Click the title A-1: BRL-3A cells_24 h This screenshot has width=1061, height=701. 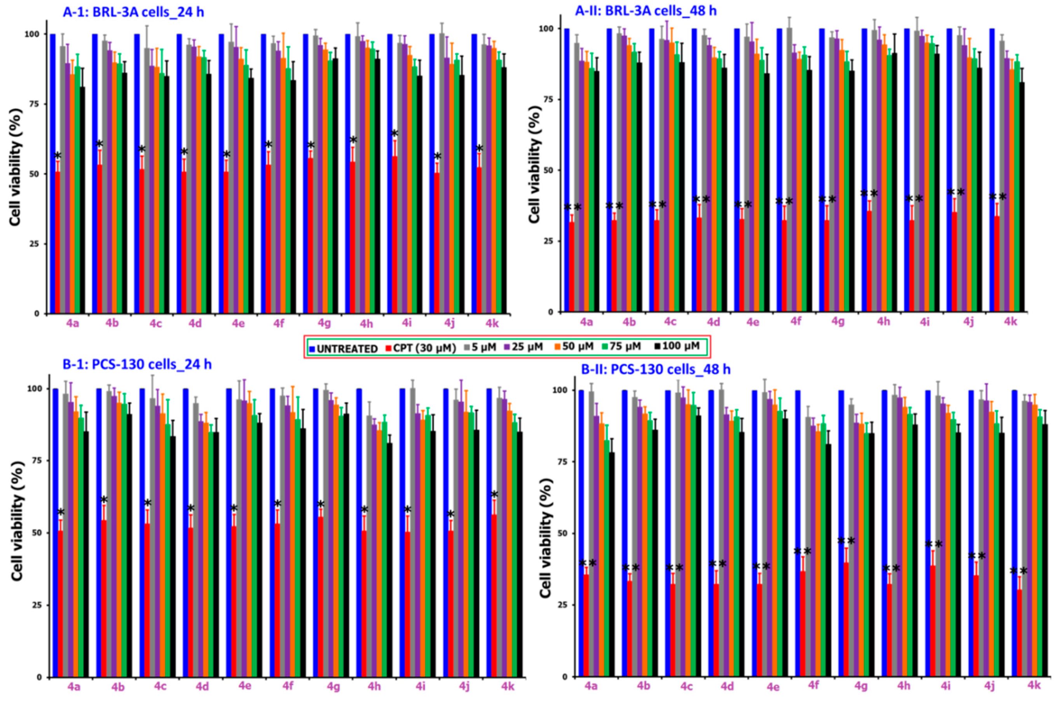[x=133, y=12]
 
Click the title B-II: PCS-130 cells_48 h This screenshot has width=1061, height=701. [x=656, y=369]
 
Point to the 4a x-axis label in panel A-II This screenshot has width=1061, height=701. [x=586, y=322]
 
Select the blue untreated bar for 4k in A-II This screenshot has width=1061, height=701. [x=992, y=170]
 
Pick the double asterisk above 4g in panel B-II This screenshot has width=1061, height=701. [x=846, y=541]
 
